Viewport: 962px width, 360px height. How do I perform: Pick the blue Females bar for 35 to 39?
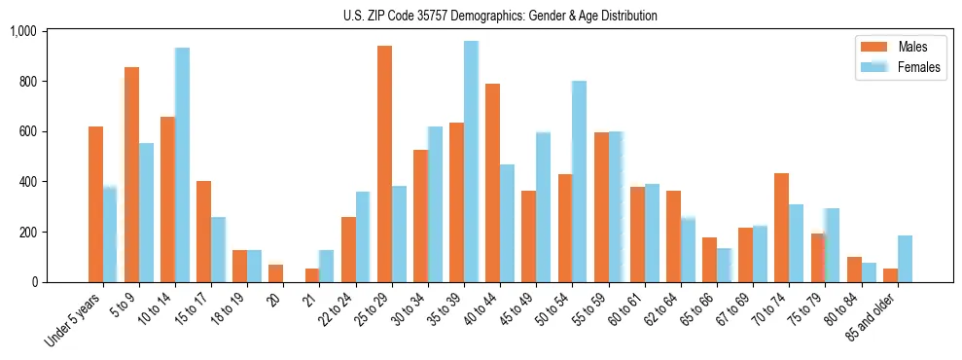(x=471, y=162)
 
